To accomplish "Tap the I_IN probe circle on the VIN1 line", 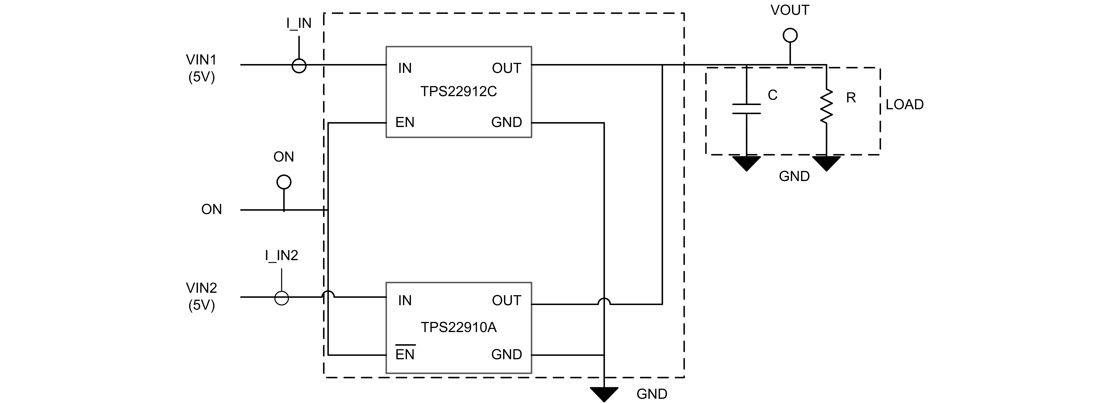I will pyautogui.click(x=299, y=66).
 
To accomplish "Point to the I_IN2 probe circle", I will pyautogui.click(x=281, y=298).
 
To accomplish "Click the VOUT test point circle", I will pyautogui.click(x=790, y=35).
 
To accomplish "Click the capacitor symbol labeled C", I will pyautogui.click(x=746, y=109).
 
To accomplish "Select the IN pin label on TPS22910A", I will pyautogui.click(x=405, y=301).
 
